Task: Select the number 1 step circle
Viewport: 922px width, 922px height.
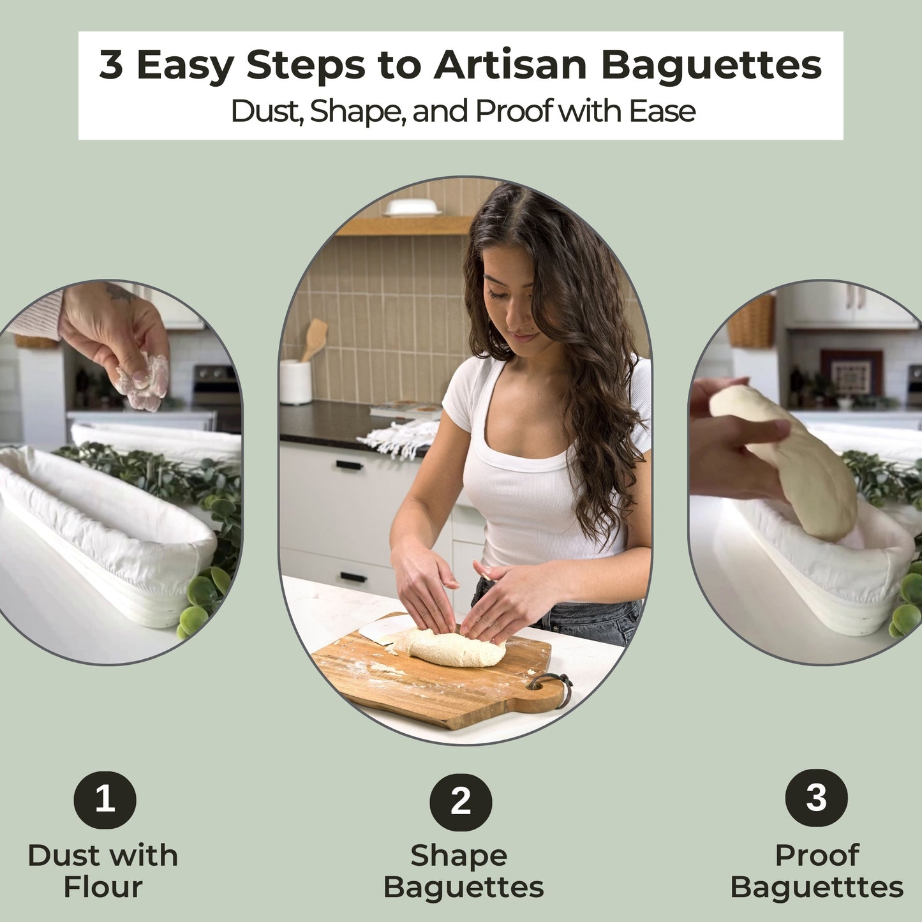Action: pyautogui.click(x=105, y=799)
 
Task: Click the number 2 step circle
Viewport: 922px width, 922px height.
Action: pyautogui.click(x=460, y=801)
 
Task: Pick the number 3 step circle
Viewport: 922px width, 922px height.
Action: pyautogui.click(x=816, y=798)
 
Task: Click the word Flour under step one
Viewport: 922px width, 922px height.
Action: pyautogui.click(x=103, y=888)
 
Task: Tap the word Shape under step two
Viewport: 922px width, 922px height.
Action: pyautogui.click(x=459, y=856)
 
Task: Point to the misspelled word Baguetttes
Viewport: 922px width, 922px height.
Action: pyautogui.click(x=817, y=888)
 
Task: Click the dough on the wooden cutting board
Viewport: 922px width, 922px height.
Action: pyautogui.click(x=450, y=648)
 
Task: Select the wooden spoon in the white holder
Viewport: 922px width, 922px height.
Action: pyautogui.click(x=315, y=338)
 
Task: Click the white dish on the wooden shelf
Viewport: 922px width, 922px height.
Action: pyautogui.click(x=412, y=207)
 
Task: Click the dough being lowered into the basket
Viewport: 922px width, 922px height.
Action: pyautogui.click(x=791, y=459)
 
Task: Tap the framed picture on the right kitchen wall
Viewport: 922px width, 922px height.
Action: pyautogui.click(x=851, y=373)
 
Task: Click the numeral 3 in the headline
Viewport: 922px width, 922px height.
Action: pyautogui.click(x=111, y=65)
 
